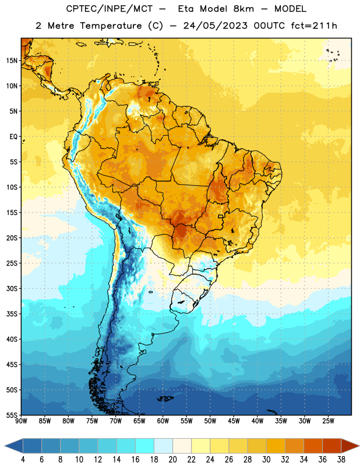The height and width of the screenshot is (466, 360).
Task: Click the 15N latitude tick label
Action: (x=12, y=61)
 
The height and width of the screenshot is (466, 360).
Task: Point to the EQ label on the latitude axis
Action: (x=13, y=137)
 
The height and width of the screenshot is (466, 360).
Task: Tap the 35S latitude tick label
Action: (x=12, y=314)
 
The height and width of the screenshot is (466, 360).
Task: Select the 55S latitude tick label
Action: (x=12, y=415)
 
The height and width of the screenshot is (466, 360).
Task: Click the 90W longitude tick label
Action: (x=21, y=421)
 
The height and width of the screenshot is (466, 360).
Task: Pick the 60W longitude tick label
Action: (x=163, y=421)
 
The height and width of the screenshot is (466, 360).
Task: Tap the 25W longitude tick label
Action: (x=328, y=421)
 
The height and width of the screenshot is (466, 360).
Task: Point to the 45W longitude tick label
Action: (x=234, y=421)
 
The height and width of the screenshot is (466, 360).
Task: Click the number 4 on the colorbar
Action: (x=23, y=460)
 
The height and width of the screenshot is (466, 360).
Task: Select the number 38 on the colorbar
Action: (x=341, y=460)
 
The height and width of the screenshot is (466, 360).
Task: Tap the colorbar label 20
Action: (x=172, y=460)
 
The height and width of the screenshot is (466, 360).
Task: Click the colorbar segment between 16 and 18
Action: (x=145, y=446)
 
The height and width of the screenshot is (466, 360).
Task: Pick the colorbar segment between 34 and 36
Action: (x=313, y=446)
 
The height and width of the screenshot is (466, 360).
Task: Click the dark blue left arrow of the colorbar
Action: (x=14, y=446)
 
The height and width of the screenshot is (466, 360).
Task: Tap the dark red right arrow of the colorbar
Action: (x=350, y=446)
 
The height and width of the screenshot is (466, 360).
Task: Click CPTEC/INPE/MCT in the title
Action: (x=109, y=9)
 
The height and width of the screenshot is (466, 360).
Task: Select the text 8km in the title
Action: (x=243, y=9)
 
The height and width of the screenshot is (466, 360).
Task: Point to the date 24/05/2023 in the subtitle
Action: (x=216, y=26)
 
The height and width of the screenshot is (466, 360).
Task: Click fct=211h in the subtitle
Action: (x=314, y=26)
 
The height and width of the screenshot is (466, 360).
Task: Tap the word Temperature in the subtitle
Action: (x=111, y=26)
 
